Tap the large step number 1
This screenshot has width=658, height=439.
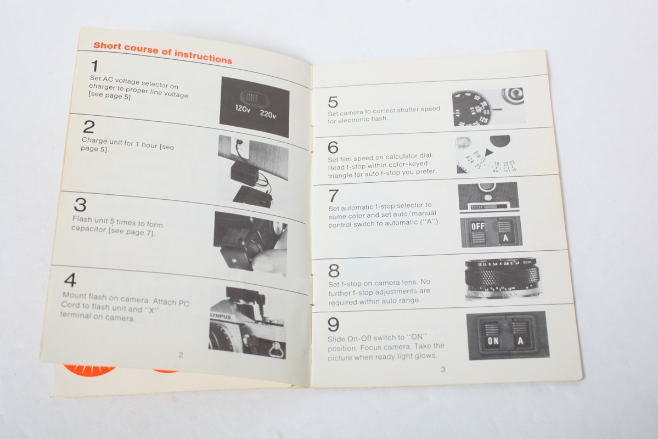pos(95,66)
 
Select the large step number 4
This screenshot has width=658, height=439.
pos(70,280)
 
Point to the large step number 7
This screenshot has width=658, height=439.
pos(334,195)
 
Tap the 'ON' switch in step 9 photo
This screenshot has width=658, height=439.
pos(492,340)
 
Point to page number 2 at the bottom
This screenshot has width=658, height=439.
pos(181,355)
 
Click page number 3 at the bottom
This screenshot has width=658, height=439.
pos(443,369)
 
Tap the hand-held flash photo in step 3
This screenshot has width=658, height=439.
pos(250,244)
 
